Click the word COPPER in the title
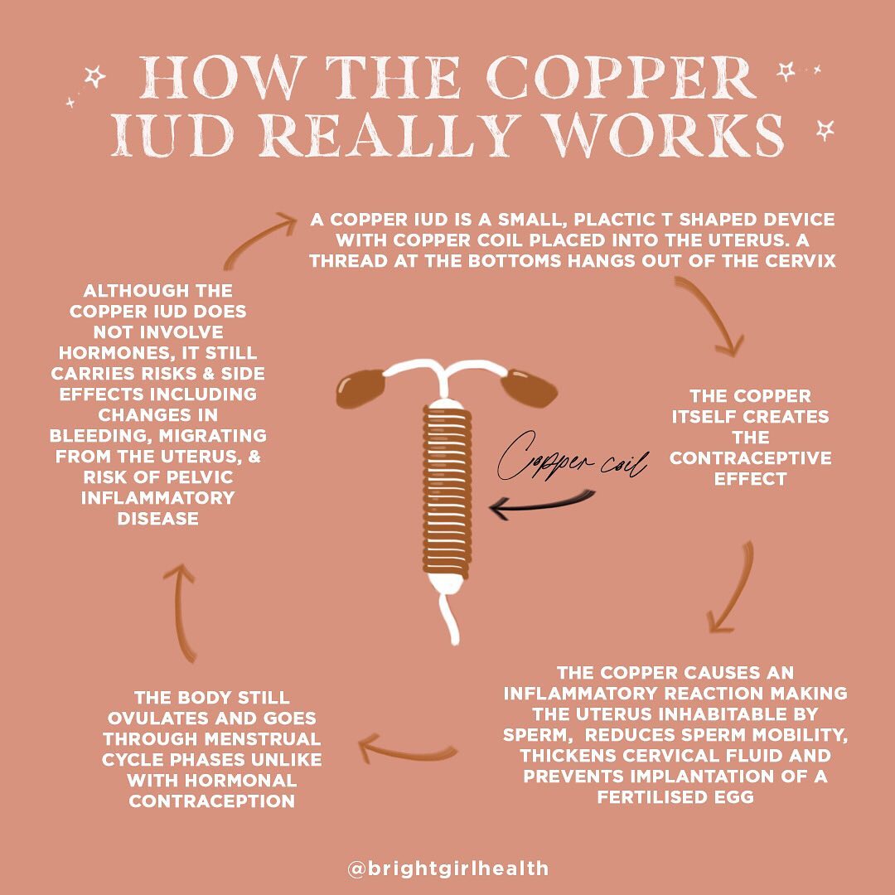point(624,78)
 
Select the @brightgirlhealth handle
point(448,868)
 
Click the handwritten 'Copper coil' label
point(572,459)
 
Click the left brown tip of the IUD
point(360,388)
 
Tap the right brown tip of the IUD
point(529,388)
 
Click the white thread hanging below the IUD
point(450,619)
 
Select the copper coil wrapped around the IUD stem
point(447,491)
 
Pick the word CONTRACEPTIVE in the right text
point(751,457)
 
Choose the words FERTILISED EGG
point(676,797)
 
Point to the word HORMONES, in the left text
point(109,353)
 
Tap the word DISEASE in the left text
point(158,518)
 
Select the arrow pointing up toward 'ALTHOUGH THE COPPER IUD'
point(181,613)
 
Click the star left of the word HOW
point(94,76)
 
